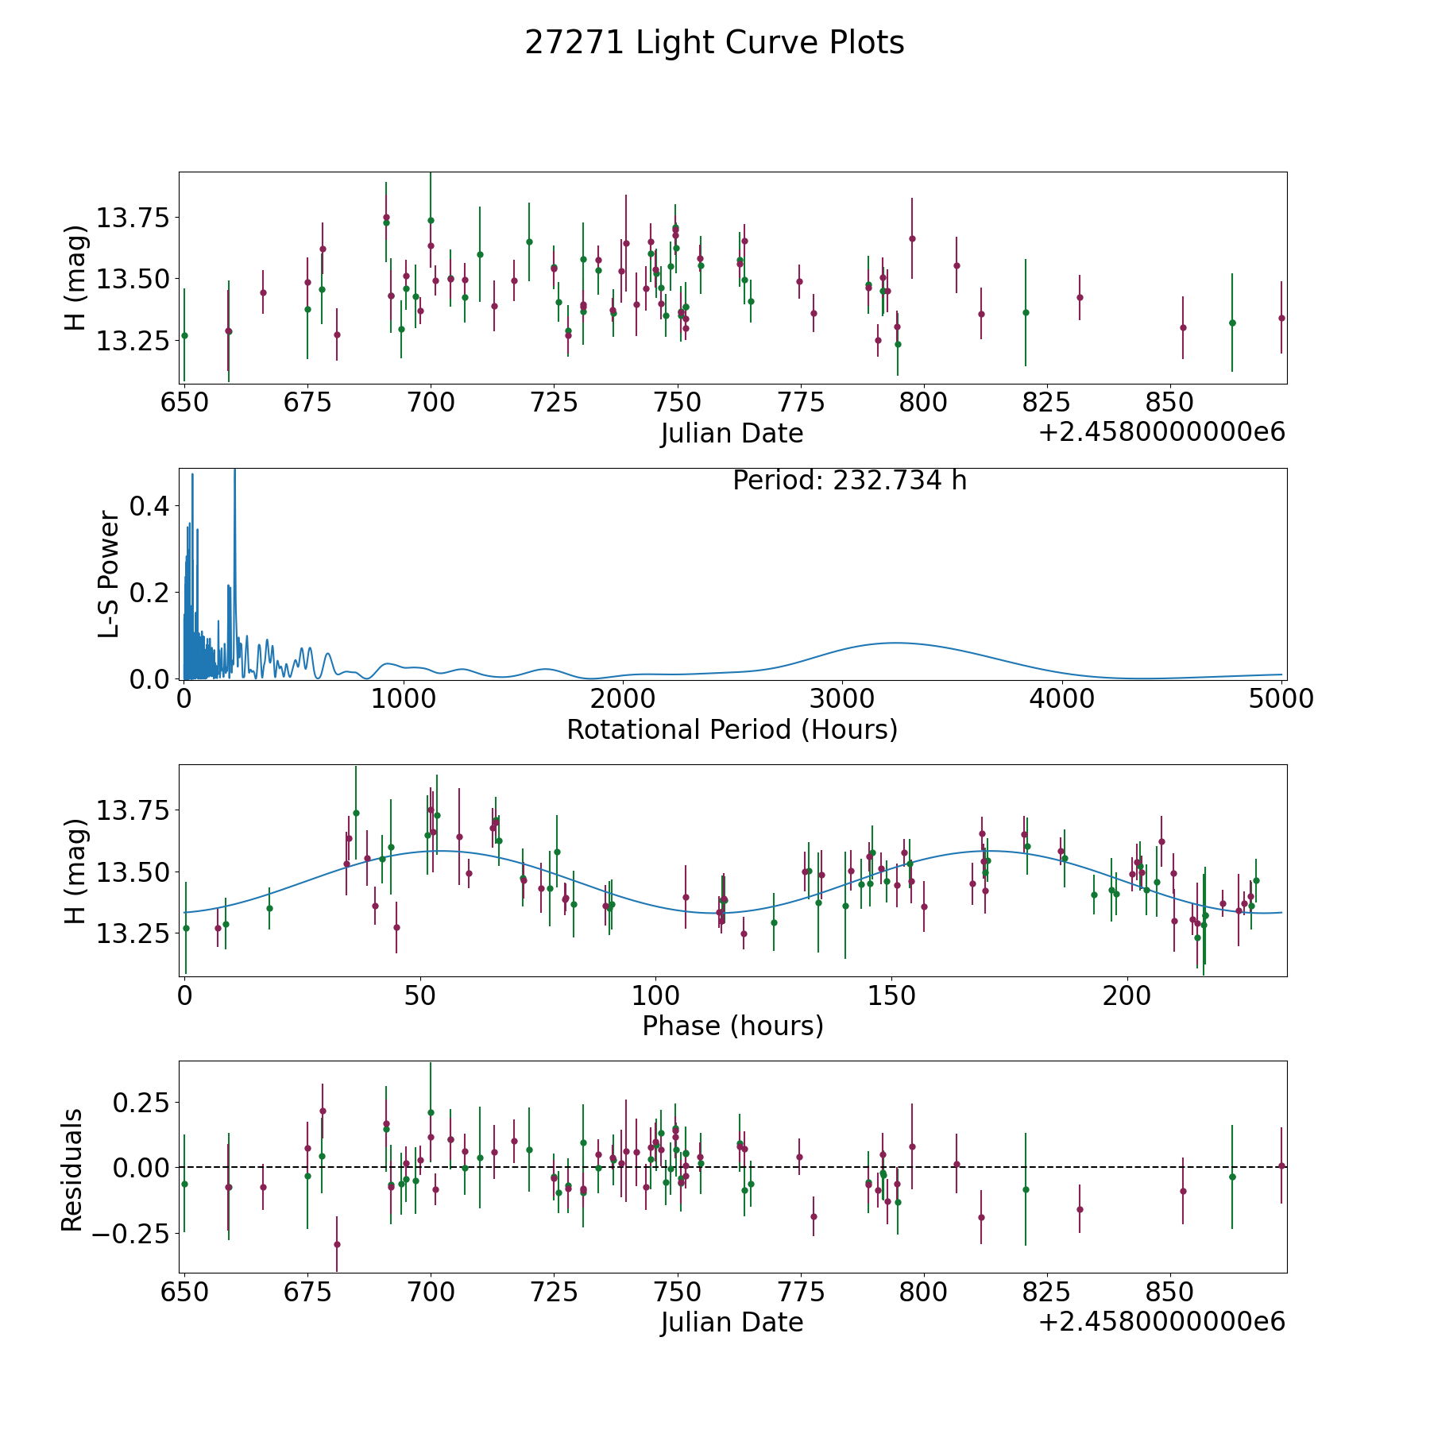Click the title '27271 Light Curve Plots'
click(714, 43)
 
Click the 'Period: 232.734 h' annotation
click(849, 481)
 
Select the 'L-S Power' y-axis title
click(109, 574)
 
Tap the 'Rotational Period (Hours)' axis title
click(732, 729)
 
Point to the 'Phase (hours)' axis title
click(732, 1026)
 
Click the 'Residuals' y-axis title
click(72, 1169)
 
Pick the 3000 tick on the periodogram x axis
click(841, 698)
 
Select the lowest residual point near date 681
click(337, 1244)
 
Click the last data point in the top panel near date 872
click(1281, 318)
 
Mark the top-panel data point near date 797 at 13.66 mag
click(912, 238)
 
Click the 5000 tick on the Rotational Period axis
click(1281, 698)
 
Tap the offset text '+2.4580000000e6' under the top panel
click(1161, 432)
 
